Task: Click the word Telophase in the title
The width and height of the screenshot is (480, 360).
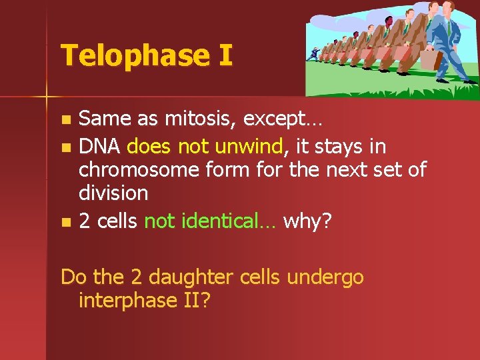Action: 133,55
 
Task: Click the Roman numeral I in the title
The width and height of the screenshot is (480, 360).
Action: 225,55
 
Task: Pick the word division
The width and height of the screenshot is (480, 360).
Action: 113,193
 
